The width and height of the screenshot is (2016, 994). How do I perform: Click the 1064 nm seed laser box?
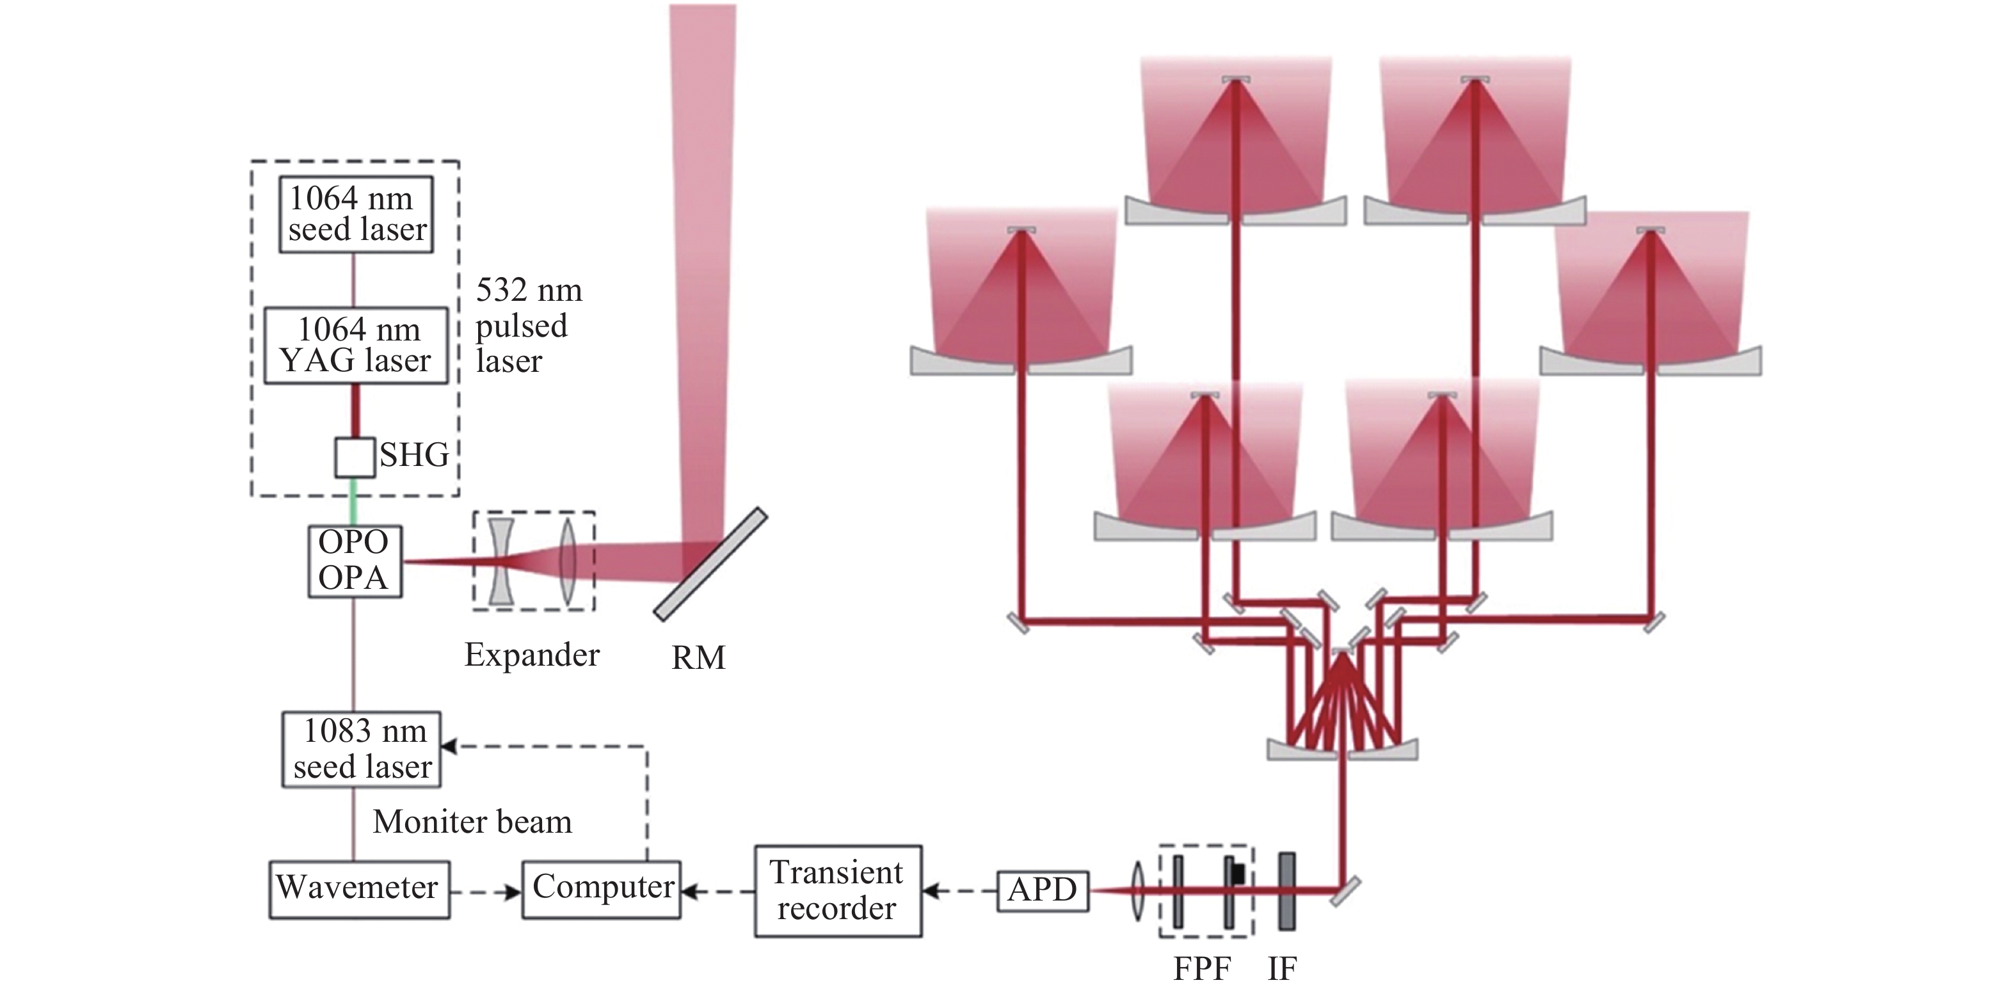click(356, 214)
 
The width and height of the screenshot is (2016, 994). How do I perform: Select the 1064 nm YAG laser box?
click(356, 345)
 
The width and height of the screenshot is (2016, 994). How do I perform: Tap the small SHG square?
click(355, 458)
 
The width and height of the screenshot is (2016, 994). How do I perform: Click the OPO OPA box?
click(355, 561)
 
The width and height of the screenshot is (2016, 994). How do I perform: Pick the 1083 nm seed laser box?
click(362, 749)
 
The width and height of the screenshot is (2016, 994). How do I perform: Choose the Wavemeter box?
click(359, 889)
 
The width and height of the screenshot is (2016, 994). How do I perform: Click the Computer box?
click(601, 889)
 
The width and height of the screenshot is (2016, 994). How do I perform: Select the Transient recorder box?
click(837, 891)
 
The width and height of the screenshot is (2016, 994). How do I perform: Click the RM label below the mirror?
click(698, 658)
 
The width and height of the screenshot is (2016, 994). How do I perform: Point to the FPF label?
click(1202, 969)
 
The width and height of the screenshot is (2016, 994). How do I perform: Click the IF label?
click(1282, 969)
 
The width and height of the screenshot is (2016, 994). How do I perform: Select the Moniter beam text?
click(472, 822)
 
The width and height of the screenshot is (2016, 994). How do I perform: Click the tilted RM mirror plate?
click(710, 563)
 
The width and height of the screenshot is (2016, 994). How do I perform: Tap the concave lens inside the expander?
click(501, 561)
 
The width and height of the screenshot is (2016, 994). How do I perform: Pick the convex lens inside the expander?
click(568, 561)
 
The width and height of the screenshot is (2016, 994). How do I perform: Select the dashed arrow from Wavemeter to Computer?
click(486, 892)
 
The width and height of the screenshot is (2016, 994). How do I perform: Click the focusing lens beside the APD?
click(1138, 891)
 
